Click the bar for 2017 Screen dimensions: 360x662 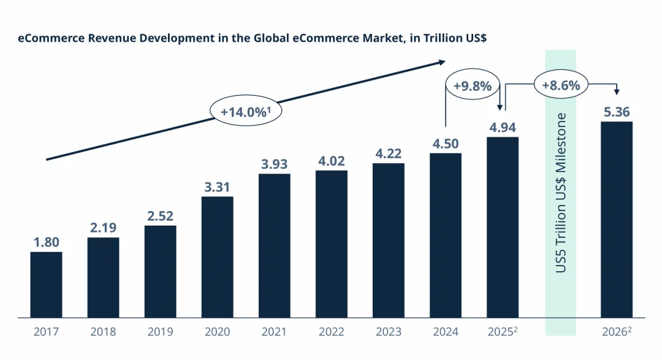point(46,285)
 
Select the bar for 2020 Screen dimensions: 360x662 point(217,257)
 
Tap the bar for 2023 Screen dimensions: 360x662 point(388,240)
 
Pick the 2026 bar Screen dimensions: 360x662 point(616,220)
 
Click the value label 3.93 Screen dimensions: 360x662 point(274,164)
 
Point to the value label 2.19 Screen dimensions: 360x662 point(103,228)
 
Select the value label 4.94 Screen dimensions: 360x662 point(503,128)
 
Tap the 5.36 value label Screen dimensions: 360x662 point(616,112)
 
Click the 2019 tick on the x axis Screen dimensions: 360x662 point(160,332)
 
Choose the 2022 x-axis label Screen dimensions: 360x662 point(331,332)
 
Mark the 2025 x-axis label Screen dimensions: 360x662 point(501,332)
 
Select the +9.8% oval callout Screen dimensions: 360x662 point(473,86)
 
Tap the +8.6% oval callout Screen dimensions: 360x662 point(561,85)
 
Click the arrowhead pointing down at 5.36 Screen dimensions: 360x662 point(616,92)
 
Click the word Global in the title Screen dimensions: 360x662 point(249,38)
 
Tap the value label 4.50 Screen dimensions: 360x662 point(445,144)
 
